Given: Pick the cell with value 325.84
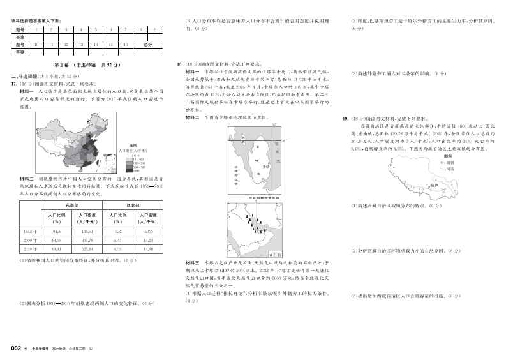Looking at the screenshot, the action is [x=87, y=249].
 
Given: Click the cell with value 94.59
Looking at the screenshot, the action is [x=56, y=240].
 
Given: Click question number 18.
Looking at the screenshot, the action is [x=180, y=64].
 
